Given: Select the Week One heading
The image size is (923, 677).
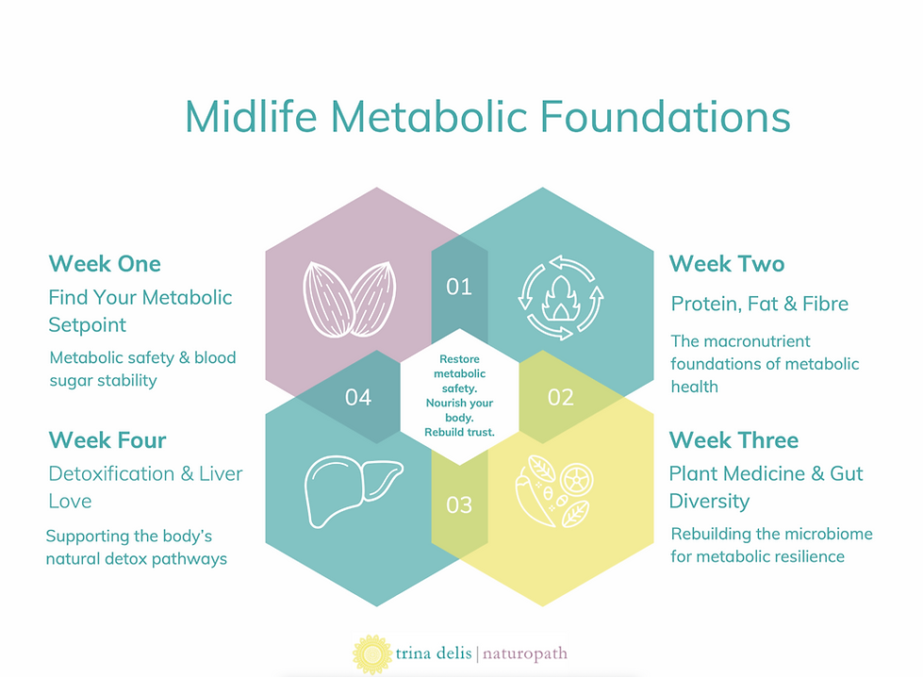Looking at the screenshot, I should [x=105, y=263].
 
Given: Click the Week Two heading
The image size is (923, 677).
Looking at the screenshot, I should [x=726, y=263].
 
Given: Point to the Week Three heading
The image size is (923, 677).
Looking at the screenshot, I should [x=733, y=440].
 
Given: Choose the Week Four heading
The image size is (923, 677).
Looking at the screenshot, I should [x=107, y=440].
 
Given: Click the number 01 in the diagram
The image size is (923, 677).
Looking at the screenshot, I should [x=459, y=286].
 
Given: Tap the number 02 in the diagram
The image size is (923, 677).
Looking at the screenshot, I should [x=560, y=397].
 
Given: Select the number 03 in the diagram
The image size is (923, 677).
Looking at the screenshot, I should [x=459, y=505].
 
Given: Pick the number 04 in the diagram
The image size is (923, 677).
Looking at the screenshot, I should [x=358, y=397].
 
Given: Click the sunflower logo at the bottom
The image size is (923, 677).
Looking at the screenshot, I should [x=372, y=653].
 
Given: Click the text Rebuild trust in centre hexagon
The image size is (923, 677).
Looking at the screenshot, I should [x=459, y=432].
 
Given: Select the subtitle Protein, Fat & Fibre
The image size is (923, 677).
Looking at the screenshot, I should [x=759, y=304].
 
